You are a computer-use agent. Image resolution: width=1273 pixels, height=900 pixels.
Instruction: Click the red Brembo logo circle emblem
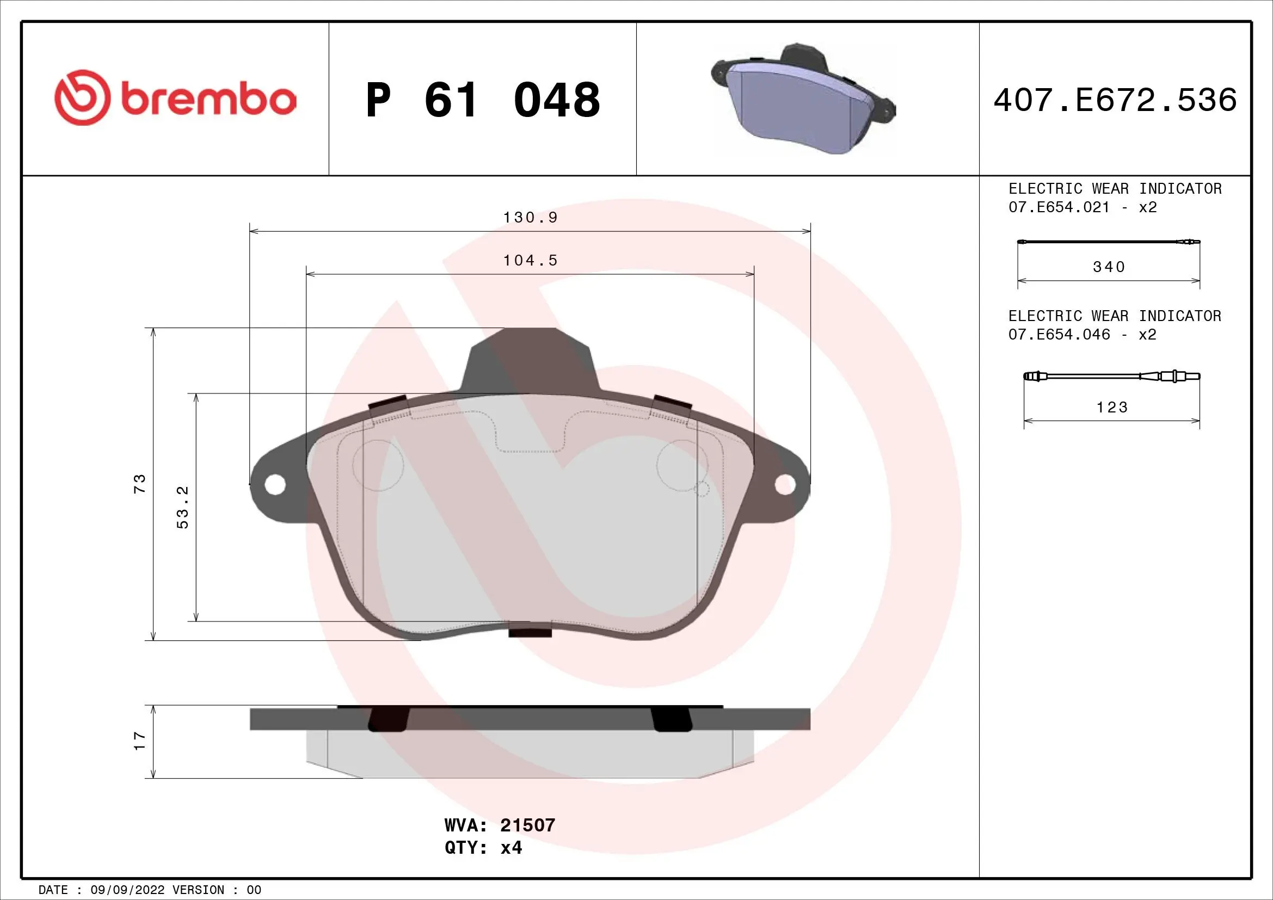coord(81,97)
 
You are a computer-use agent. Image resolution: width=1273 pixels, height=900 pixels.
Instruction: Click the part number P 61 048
coord(482,100)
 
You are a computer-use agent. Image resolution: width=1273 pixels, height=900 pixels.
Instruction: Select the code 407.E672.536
coord(1115,100)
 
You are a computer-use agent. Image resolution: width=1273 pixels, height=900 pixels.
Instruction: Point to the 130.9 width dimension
coord(530,218)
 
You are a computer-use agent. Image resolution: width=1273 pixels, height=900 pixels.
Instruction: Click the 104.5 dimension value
coord(530,261)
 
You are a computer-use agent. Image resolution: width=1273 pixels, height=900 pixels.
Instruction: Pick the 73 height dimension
coord(140,483)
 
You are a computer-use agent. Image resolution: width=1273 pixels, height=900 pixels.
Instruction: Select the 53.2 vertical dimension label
coord(183,507)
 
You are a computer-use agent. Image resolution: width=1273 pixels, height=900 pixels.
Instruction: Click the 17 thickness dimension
coord(140,741)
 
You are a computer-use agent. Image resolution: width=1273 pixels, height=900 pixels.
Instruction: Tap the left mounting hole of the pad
coord(274,485)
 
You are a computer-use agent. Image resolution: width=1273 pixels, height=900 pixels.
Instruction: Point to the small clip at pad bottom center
coord(530,631)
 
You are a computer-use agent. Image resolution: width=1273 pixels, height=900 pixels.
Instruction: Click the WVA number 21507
coord(527,825)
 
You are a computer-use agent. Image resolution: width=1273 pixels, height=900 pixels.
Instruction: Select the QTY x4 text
coord(483,848)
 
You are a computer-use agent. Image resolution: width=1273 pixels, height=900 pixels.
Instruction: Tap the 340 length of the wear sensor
coord(1109,267)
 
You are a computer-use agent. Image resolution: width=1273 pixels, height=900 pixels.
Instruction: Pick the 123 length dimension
coord(1112,408)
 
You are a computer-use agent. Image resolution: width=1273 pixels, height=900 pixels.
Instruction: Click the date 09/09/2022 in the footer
coord(127,890)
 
